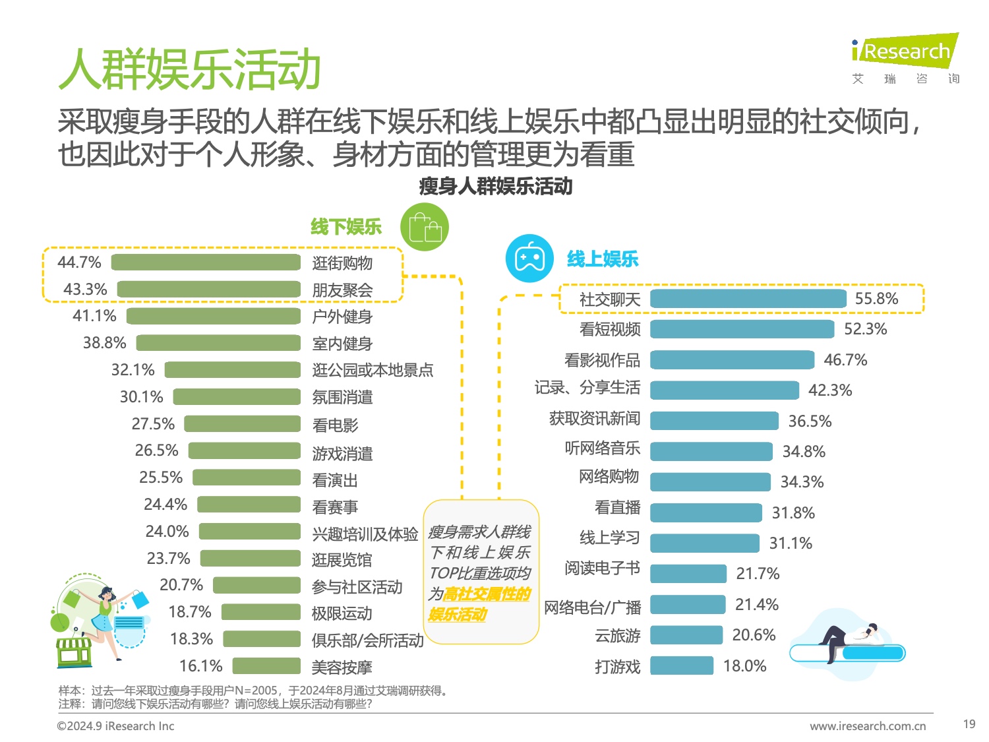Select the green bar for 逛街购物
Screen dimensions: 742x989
[206, 263]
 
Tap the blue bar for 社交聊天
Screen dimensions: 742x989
[748, 299]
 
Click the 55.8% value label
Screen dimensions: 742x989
[876, 299]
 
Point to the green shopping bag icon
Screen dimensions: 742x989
[425, 228]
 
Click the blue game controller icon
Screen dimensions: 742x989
[529, 258]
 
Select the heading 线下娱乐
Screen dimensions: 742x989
[346, 228]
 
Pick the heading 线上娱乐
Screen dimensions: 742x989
[603, 259]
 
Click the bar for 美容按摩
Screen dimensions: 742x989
[266, 666]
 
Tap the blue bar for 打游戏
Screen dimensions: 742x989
[682, 665]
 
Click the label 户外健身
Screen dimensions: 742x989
[342, 317]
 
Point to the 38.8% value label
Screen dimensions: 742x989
[104, 343]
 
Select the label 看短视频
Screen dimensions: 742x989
[610, 329]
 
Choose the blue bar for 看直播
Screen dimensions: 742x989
[705, 512]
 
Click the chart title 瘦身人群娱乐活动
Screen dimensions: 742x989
[495, 187]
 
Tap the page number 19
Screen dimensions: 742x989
[969, 724]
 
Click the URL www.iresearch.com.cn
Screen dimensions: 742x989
[868, 726]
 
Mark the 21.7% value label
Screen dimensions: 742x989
[758, 574]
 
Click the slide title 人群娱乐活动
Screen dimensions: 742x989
[190, 69]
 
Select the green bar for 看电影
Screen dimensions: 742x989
[242, 423]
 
